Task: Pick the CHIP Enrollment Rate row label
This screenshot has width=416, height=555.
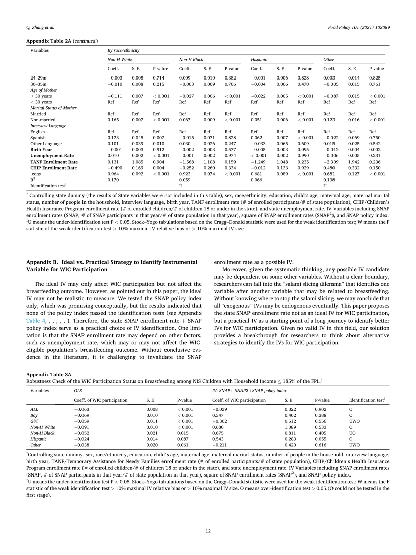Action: coord(54,167)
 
